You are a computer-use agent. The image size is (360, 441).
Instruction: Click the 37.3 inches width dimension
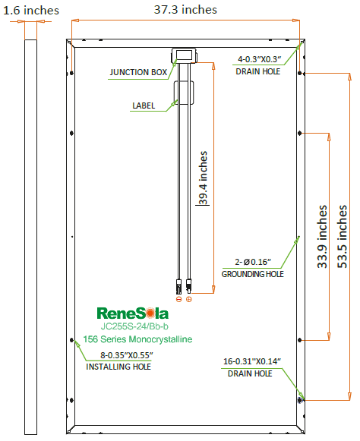pos(185,9)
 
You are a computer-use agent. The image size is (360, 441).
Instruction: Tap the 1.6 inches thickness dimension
pos(30,9)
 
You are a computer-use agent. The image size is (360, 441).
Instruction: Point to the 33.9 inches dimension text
pos(322,236)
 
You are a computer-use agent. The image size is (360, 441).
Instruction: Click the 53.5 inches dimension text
pos(343,236)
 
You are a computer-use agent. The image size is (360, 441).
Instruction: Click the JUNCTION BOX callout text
pos(138,73)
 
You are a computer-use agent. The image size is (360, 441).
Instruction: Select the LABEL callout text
pos(144,106)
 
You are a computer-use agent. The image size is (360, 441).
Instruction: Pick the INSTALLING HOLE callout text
pos(118,367)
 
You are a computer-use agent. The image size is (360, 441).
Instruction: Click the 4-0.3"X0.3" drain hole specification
pos(259,58)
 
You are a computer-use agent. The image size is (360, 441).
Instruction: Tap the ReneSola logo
pos(133,312)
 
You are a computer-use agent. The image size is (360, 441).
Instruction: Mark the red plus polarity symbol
pos(189,299)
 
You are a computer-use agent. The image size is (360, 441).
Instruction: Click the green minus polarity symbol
pos(178,299)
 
